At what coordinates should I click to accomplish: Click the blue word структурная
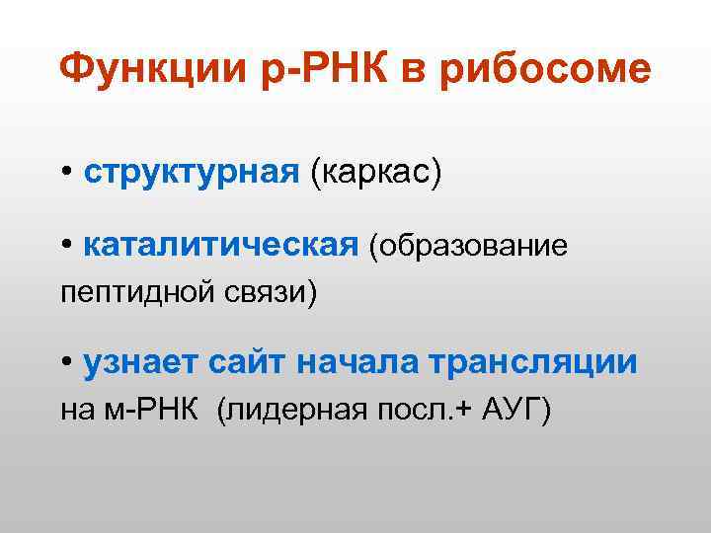point(191,174)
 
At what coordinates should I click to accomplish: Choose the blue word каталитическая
point(219,245)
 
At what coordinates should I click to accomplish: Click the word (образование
point(468,245)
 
